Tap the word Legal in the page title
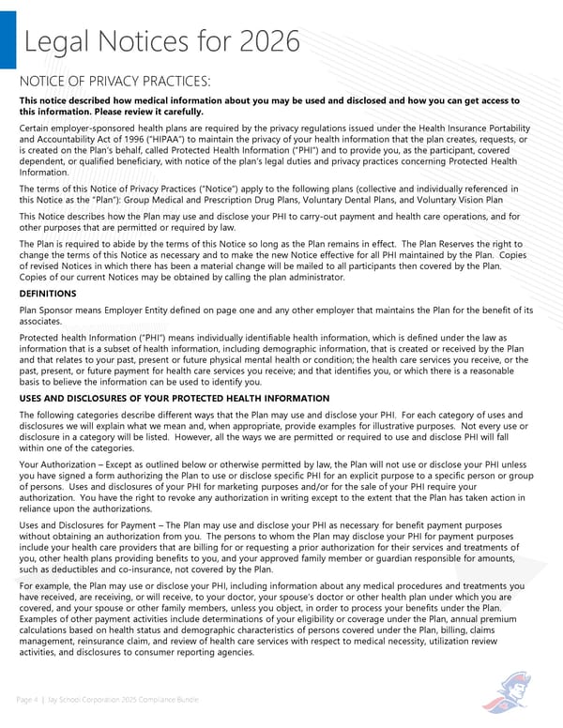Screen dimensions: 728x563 (x=58, y=42)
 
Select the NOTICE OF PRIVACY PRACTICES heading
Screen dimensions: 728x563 (x=114, y=82)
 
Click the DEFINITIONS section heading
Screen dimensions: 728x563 (x=48, y=294)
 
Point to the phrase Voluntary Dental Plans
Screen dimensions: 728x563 (x=373, y=200)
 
